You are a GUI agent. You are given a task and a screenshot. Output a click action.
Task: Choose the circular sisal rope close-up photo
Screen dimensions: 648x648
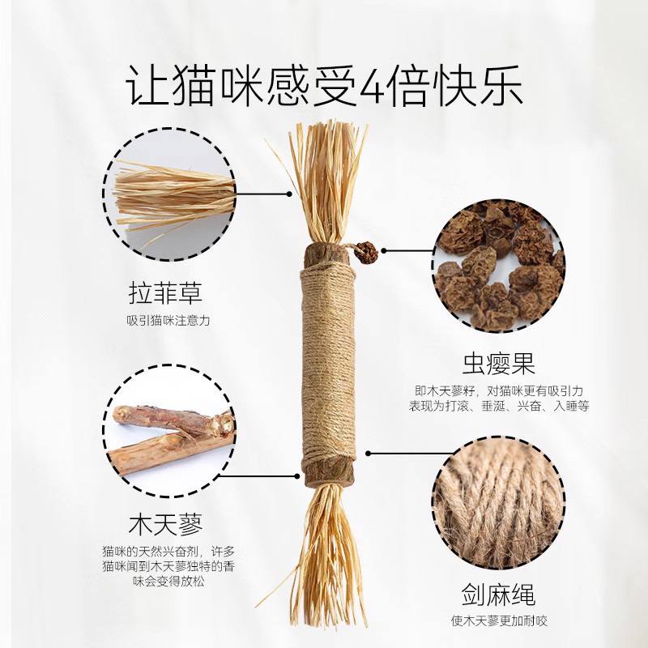[x=499, y=499]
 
